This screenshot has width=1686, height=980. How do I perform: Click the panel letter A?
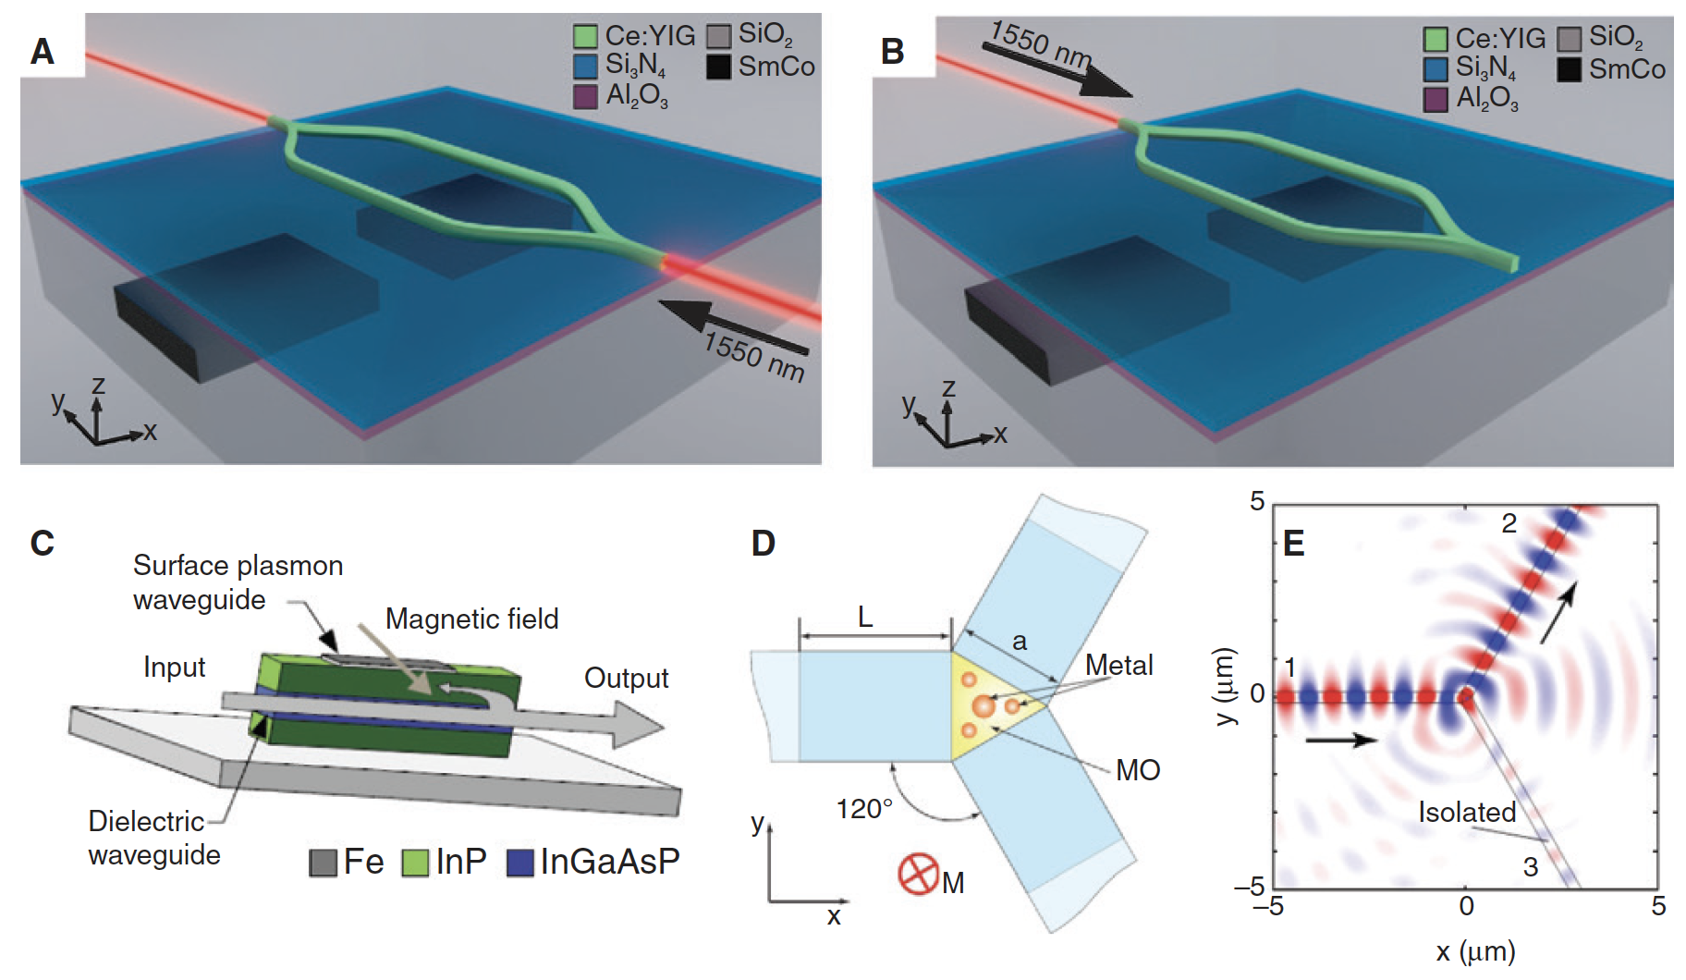coord(43,51)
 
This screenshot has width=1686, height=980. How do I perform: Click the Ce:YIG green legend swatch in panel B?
coord(1436,39)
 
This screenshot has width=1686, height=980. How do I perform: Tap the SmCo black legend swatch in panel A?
coord(719,67)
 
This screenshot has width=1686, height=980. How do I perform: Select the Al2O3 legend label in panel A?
coord(636,96)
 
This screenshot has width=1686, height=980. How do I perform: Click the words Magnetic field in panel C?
coord(471,619)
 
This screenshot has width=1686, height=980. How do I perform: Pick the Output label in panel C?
coord(626,678)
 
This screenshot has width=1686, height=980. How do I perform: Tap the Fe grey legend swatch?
coord(323,863)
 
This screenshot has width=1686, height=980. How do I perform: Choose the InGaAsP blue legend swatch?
coord(520,863)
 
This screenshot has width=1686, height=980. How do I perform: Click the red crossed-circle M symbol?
coord(918,874)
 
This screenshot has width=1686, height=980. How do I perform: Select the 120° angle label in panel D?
coord(864,809)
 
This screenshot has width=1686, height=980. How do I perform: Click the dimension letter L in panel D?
coord(865,617)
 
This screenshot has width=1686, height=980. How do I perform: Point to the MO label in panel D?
coord(1138,770)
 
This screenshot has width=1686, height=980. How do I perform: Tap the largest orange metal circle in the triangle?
coord(983,707)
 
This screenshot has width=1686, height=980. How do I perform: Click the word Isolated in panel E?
coord(1467,812)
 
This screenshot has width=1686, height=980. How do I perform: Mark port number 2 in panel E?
coord(1509,523)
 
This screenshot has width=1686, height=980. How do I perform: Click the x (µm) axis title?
coord(1475,951)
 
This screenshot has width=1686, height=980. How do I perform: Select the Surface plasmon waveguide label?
coord(238,582)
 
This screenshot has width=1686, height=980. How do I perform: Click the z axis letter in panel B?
coord(948,388)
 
